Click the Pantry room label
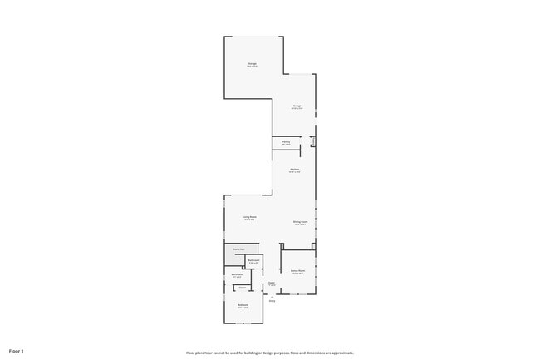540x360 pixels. [285, 142]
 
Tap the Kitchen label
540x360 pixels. [295, 170]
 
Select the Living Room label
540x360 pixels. [249, 217]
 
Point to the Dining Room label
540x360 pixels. [301, 221]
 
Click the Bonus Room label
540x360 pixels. [297, 270]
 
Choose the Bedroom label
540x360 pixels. [243, 304]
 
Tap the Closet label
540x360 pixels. [243, 288]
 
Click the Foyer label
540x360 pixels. [272, 284]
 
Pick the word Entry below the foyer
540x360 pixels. [272, 301]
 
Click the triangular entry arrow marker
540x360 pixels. [272, 297]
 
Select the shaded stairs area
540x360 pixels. [238, 249]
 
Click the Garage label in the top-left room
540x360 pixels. [252, 63]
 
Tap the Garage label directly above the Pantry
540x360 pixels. [297, 106]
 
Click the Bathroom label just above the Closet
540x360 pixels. [237, 274]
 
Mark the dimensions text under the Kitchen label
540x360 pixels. [295, 173]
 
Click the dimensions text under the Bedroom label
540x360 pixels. [243, 308]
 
